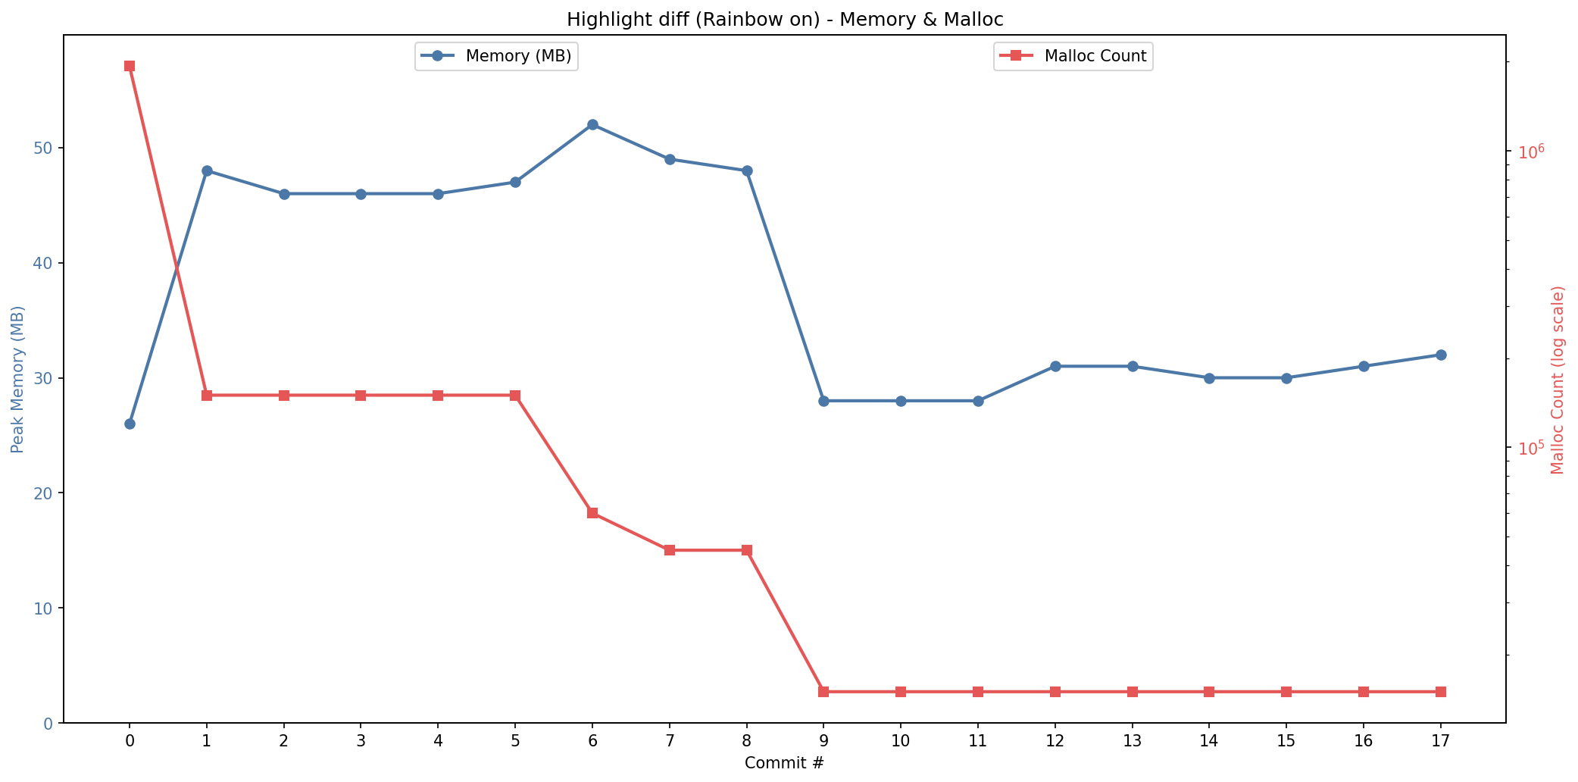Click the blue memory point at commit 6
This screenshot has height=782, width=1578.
click(x=592, y=124)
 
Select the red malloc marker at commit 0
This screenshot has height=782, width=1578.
click(x=130, y=66)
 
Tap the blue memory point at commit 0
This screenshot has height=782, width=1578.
click(x=130, y=424)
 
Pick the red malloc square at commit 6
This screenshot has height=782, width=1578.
click(x=592, y=513)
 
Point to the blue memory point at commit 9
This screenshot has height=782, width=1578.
click(x=823, y=401)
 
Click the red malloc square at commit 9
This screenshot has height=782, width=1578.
click(x=823, y=692)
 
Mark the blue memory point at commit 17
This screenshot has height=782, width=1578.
click(x=1441, y=355)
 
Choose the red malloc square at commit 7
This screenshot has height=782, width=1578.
click(x=670, y=550)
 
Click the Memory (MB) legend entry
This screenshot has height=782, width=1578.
click(x=496, y=56)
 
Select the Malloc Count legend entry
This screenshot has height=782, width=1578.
click(x=1073, y=56)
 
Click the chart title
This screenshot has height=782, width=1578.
click(x=785, y=20)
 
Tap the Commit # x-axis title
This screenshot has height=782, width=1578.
click(x=784, y=763)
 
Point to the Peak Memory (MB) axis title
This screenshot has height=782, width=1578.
click(x=17, y=379)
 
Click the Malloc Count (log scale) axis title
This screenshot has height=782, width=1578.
click(x=1558, y=380)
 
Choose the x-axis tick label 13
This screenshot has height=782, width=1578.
click(x=1132, y=741)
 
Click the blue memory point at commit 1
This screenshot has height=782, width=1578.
click(x=207, y=170)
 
